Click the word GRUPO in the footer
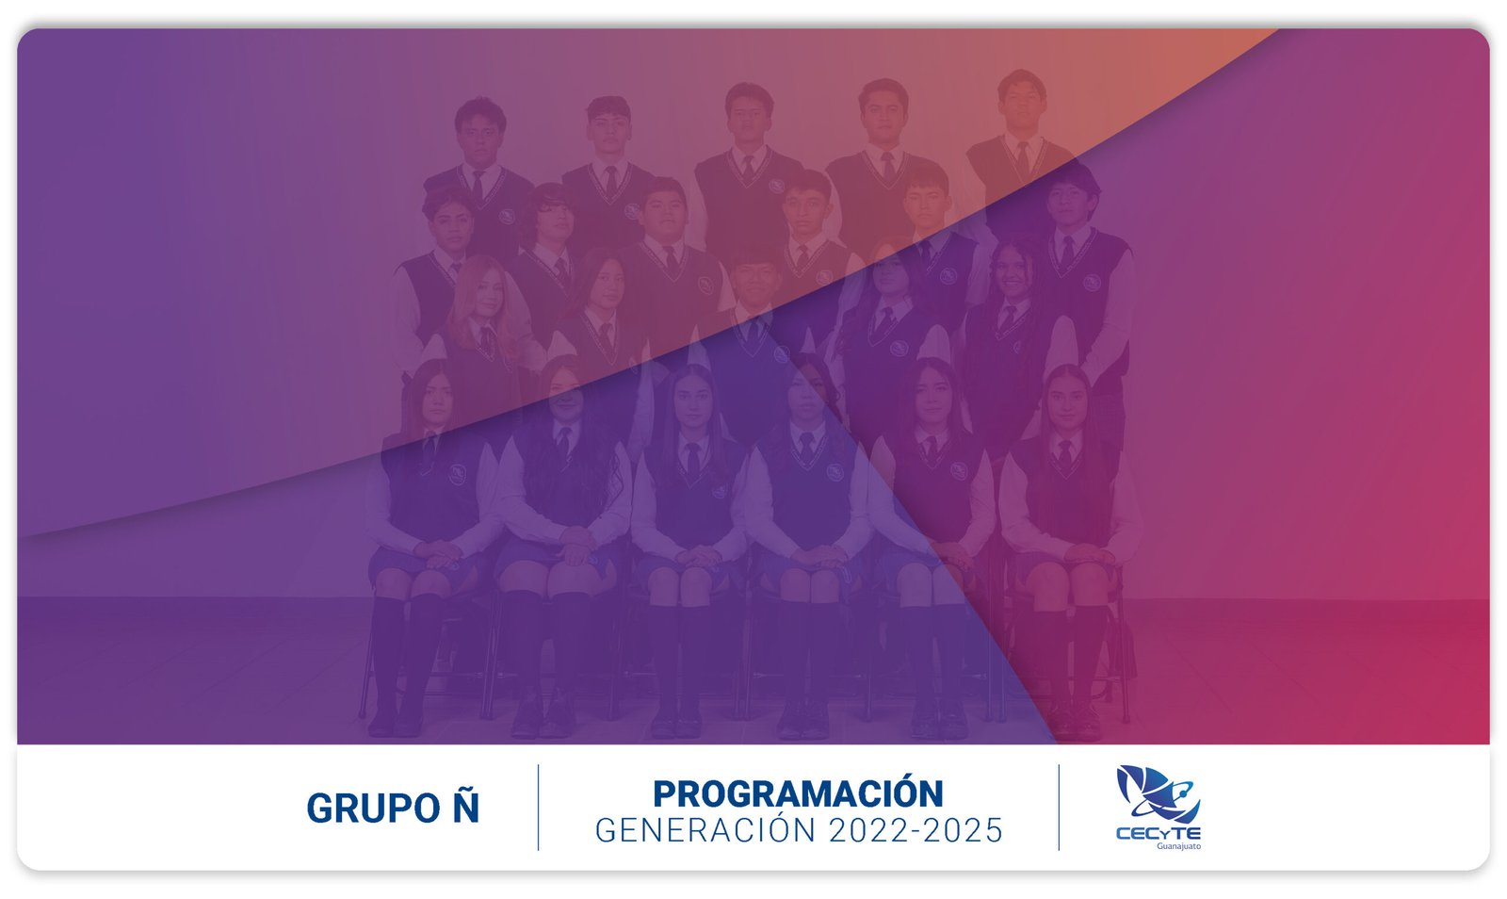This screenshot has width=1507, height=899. tap(373, 809)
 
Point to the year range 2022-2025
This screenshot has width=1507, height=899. tap(916, 830)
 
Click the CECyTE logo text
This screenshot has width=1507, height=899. tap(1158, 834)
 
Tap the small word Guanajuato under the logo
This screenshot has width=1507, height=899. tap(1178, 846)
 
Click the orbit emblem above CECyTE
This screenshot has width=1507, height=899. tap(1158, 794)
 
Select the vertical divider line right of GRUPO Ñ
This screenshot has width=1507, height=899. tap(538, 808)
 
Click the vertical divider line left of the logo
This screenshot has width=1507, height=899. tap(1059, 808)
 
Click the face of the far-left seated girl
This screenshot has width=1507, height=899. tap(437, 401)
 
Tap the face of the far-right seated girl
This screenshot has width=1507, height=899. tap(1066, 403)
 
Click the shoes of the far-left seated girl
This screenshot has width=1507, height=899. tap(396, 723)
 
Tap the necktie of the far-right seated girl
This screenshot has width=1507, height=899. tap(1064, 455)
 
